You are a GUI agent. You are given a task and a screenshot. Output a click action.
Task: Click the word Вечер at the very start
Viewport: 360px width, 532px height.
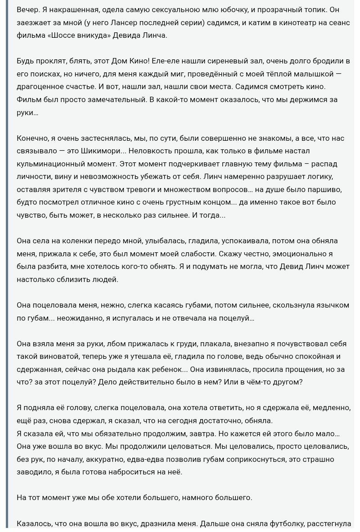point(27,9)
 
